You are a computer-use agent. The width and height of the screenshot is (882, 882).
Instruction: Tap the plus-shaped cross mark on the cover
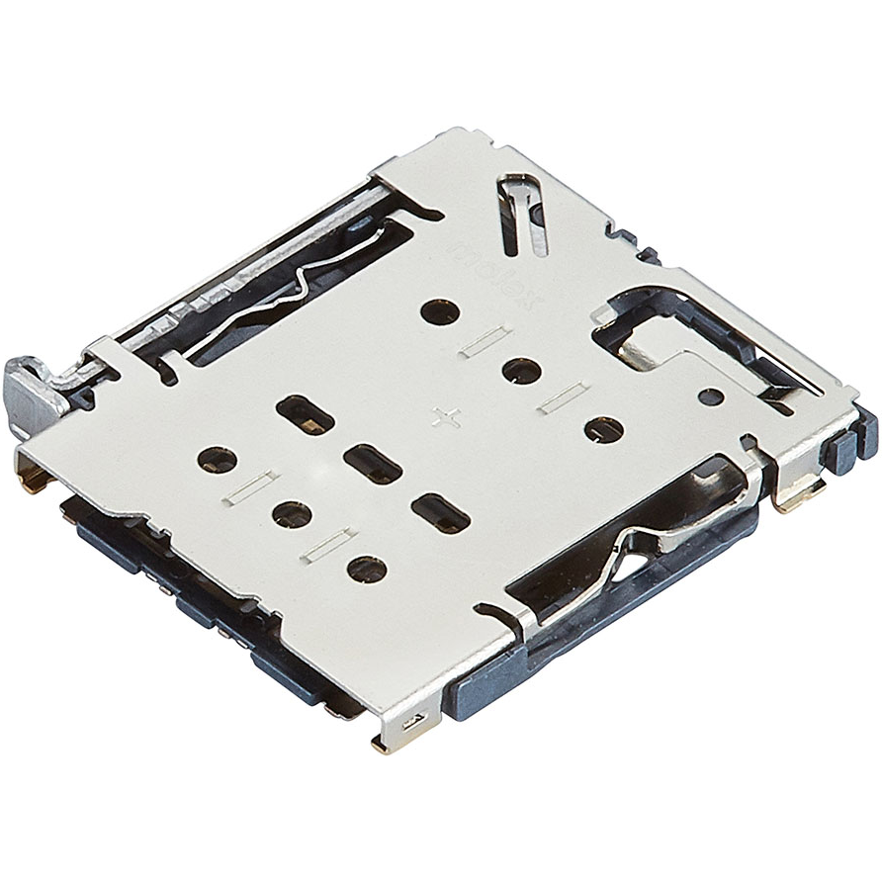tap(448, 416)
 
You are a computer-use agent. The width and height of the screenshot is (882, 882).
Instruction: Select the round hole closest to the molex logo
tap(439, 312)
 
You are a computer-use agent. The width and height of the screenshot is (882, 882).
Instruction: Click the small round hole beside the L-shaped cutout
tap(710, 397)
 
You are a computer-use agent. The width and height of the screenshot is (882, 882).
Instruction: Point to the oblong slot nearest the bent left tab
tap(303, 413)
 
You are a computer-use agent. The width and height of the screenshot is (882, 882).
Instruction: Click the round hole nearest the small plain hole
tap(603, 430)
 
